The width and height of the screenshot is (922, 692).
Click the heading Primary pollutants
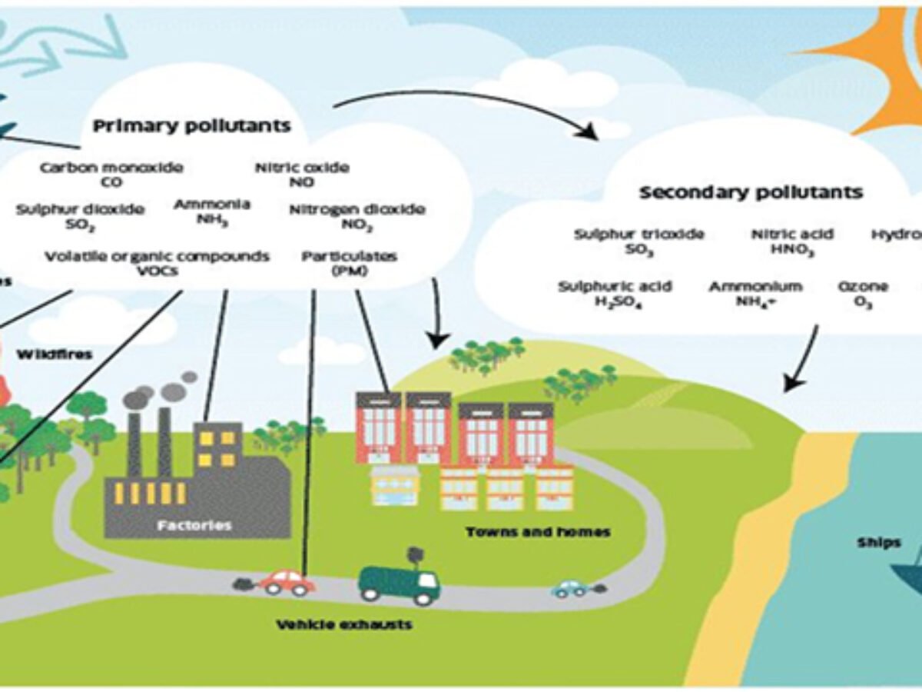coord(192,126)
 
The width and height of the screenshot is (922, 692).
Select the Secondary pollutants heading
coord(751,192)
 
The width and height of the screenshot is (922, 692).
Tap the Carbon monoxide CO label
coord(111,175)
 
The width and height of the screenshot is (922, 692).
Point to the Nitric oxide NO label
coord(301,175)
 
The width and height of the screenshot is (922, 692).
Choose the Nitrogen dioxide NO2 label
coord(357,217)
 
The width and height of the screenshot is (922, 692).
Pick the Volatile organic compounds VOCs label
coord(157,263)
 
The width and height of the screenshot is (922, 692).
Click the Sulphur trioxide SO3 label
coord(639,241)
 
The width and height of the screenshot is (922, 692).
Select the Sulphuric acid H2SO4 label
coord(615,294)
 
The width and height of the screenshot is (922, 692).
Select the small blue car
coord(571,589)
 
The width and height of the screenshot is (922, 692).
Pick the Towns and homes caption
coord(538,531)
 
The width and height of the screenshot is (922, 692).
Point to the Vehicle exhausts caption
coord(344,624)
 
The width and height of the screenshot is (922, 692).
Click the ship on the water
coord(907,573)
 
